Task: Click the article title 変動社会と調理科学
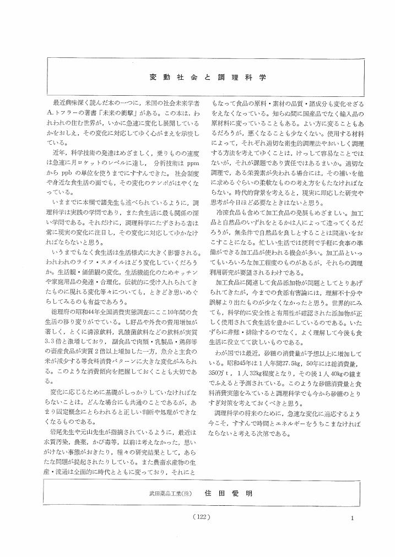[208, 77]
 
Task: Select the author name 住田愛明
[228, 493]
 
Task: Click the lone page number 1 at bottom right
[351, 517]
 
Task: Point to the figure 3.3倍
[56, 330]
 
